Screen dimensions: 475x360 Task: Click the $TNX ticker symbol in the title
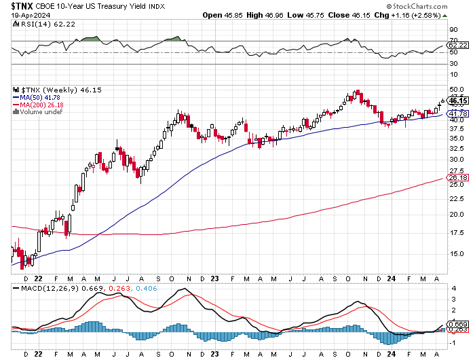(x=22, y=6)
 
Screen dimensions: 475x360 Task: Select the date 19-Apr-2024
(x=31, y=15)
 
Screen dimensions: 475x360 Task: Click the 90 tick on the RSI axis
(x=453, y=30)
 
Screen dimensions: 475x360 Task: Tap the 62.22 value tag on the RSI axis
(x=458, y=46)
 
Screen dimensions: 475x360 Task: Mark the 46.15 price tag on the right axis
(x=458, y=101)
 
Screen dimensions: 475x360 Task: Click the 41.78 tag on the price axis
(x=458, y=113)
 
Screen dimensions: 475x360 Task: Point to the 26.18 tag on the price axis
(x=458, y=177)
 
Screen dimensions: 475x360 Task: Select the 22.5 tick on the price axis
(x=457, y=198)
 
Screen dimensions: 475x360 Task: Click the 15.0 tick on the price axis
(x=457, y=254)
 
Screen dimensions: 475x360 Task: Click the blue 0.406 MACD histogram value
(x=147, y=288)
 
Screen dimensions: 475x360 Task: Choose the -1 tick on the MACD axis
(x=453, y=343)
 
